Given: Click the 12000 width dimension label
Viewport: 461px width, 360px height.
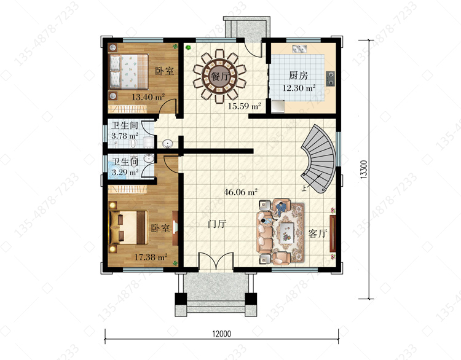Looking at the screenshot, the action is [222, 334].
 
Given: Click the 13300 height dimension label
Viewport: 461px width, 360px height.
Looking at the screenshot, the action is [364, 169].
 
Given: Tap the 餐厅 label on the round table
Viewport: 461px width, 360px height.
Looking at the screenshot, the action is [220, 76].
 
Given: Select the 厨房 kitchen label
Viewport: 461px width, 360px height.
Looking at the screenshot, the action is [298, 76].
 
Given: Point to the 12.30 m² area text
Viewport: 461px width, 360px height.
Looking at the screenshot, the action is [299, 88].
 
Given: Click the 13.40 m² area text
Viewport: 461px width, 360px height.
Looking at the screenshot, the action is [148, 96].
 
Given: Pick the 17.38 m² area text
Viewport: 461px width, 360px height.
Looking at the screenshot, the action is [151, 257].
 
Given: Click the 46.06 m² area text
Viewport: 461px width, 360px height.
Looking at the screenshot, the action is [241, 192].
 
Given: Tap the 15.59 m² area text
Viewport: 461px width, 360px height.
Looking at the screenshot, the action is [245, 106].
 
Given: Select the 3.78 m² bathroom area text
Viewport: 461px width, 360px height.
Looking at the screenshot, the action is [125, 136].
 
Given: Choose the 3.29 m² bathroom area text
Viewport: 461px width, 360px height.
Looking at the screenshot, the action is [125, 172].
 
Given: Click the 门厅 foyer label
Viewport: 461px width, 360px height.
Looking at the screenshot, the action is [217, 224].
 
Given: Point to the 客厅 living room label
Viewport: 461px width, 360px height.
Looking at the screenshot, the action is [318, 233].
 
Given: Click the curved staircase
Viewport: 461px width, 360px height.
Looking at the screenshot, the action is [320, 158].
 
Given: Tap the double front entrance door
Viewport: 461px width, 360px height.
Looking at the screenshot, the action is [216, 261].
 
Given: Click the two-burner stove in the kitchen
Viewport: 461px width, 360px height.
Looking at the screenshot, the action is [331, 79].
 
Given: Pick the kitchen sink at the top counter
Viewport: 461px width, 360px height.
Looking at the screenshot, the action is [299, 49].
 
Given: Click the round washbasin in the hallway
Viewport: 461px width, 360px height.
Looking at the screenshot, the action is [168, 143].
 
